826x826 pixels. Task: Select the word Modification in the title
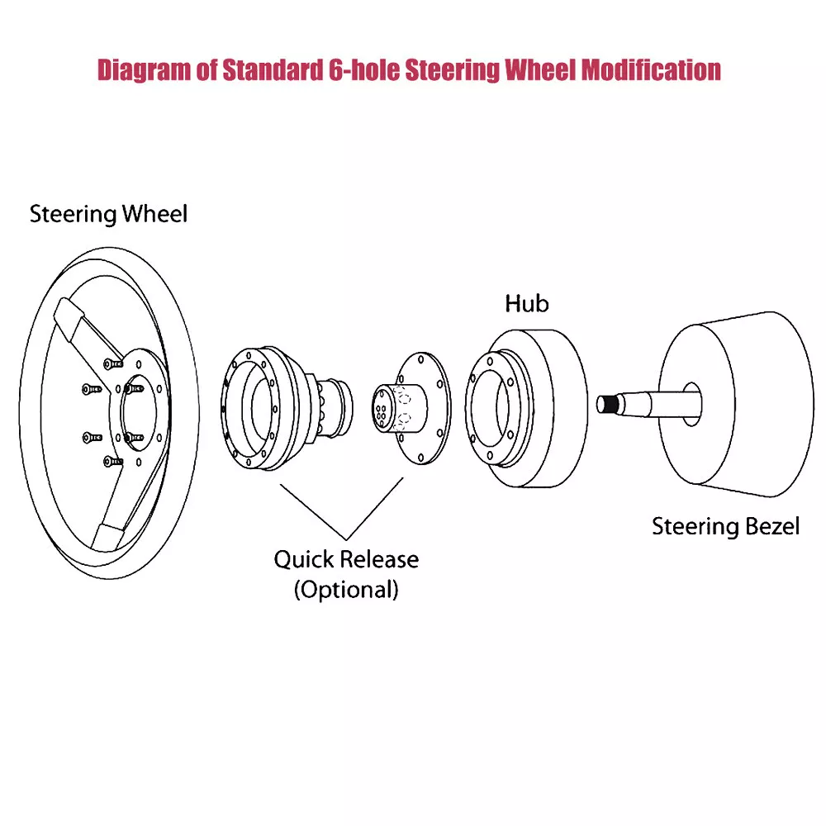pos(651,69)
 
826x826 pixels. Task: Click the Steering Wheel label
pos(108,215)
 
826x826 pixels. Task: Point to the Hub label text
pos(526,304)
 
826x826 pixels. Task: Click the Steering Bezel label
pos(725,526)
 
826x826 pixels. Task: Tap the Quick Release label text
pos(346,559)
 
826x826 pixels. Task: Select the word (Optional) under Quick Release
pos(346,590)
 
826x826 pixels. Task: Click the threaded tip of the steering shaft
pos(607,404)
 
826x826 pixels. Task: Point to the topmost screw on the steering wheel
pos(111,363)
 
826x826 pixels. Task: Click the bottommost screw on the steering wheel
pos(111,460)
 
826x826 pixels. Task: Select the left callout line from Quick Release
pos(314,510)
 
